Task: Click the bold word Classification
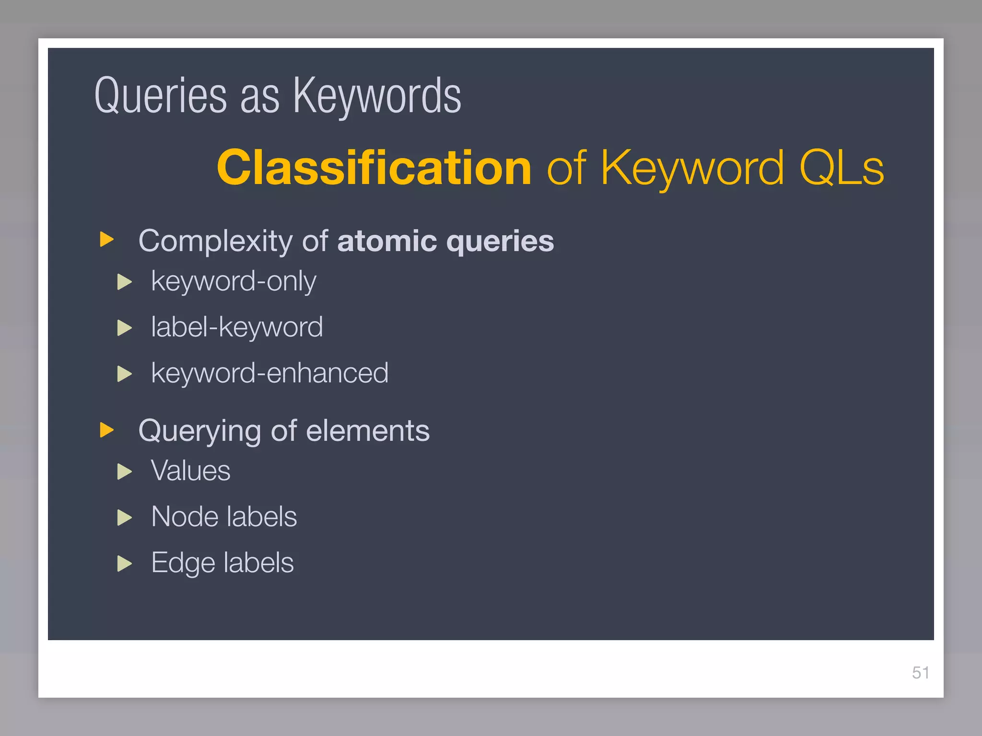pyautogui.click(x=374, y=167)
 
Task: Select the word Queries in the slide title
pyautogui.click(x=161, y=96)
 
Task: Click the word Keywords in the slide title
pyautogui.click(x=377, y=96)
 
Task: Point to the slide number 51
pyautogui.click(x=920, y=673)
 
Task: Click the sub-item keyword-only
pyautogui.click(x=234, y=281)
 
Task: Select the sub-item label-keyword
pyautogui.click(x=237, y=327)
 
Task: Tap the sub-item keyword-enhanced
pyautogui.click(x=269, y=373)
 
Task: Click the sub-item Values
pyautogui.click(x=191, y=471)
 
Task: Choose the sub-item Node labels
pyautogui.click(x=224, y=517)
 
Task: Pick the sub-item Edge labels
pyautogui.click(x=222, y=563)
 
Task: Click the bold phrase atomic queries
pyautogui.click(x=445, y=241)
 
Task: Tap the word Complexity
pyautogui.click(x=215, y=241)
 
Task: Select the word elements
pyautogui.click(x=368, y=431)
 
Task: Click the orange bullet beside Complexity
pyautogui.click(x=106, y=239)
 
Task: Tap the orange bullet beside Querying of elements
pyautogui.click(x=106, y=430)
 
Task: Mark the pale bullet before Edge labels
pyautogui.click(x=124, y=564)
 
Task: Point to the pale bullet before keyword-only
pyautogui.click(x=124, y=282)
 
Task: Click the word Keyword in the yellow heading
pyautogui.click(x=692, y=167)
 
